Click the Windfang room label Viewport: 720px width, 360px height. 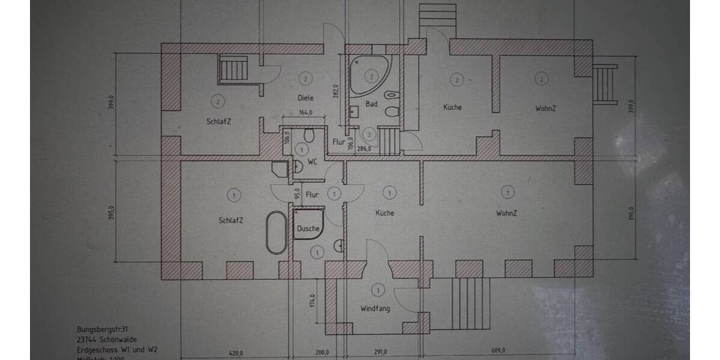click(375, 309)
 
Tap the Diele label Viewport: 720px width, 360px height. click(306, 98)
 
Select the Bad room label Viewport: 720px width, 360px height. click(371, 104)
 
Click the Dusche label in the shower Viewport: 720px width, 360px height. click(308, 229)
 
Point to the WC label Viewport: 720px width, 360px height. click(312, 162)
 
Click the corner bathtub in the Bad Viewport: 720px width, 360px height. click(367, 75)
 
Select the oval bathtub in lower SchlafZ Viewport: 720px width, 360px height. click(276, 233)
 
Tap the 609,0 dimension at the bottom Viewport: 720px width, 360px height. click(497, 352)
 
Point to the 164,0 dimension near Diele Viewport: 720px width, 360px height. click(306, 112)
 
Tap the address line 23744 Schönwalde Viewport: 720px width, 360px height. click(107, 340)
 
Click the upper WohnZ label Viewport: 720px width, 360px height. click(545, 109)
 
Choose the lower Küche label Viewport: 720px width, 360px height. click(385, 213)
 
